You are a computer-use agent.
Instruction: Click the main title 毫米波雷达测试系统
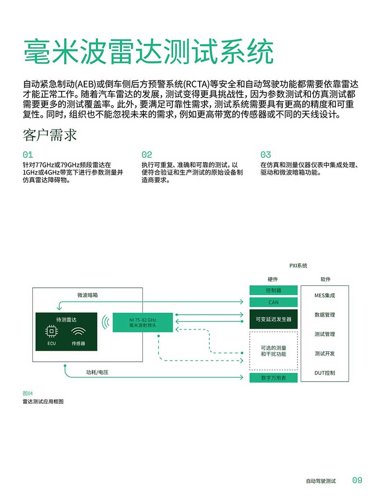tap(148, 52)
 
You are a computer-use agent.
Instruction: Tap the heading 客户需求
tap(50, 135)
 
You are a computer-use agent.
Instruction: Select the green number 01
tap(28, 154)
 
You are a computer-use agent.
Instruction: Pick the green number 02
tap(147, 154)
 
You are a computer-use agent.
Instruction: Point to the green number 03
tap(266, 154)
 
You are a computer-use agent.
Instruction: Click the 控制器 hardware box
tap(273, 290)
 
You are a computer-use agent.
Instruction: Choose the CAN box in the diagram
tap(273, 302)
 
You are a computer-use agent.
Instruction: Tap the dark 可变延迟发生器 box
tap(273, 319)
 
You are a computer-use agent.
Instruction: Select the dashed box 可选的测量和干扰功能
tap(273, 351)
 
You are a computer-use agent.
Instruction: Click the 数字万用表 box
tap(273, 378)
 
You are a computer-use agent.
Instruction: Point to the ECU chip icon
tap(51, 332)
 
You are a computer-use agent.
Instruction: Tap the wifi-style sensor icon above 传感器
tap(78, 332)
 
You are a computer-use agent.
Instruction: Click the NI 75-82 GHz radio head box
tap(142, 323)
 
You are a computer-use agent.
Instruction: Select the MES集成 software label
tap(325, 295)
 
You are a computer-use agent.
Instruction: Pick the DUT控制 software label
tap(325, 373)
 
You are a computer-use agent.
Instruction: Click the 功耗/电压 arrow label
tap(97, 372)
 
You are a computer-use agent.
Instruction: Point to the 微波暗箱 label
tap(88, 295)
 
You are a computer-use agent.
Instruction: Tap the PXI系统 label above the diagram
tap(298, 266)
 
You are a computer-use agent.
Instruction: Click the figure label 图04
tap(27, 393)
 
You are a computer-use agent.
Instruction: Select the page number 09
tap(358, 480)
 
